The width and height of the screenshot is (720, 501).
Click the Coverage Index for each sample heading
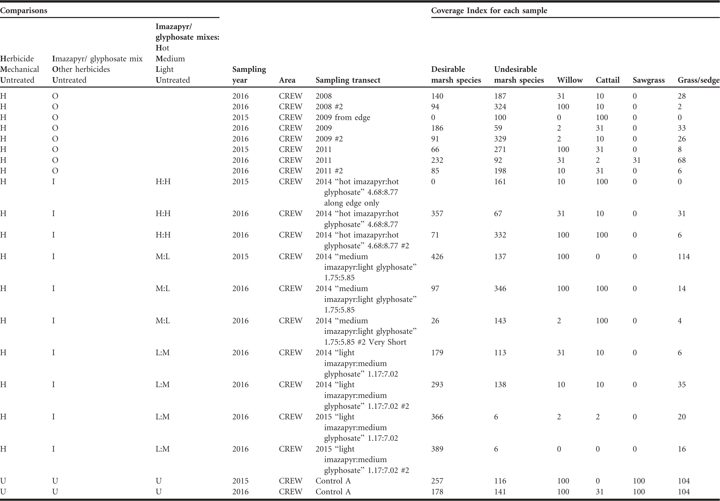pyautogui.click(x=489, y=11)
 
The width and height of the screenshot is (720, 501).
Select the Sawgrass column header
pyautogui.click(x=648, y=80)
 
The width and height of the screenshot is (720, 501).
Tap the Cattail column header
pyautogui.click(x=608, y=80)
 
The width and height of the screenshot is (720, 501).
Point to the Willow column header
pyautogui.click(x=570, y=80)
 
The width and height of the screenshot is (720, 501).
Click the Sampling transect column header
pyautogui.click(x=348, y=80)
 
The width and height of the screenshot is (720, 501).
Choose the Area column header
pyautogui.click(x=287, y=80)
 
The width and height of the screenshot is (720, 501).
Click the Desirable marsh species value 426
pyautogui.click(x=437, y=257)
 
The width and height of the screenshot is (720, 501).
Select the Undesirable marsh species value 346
pyautogui.click(x=500, y=288)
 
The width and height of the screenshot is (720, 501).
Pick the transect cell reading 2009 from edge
pyautogui.click(x=343, y=117)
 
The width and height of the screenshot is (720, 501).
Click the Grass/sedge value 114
pyautogui.click(x=684, y=257)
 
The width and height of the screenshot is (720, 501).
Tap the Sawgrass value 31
pyautogui.click(x=637, y=160)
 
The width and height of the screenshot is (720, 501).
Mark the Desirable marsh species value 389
pyautogui.click(x=437, y=449)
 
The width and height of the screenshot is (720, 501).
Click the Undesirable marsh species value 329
pyautogui.click(x=500, y=139)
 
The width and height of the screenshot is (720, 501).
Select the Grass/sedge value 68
pyautogui.click(x=682, y=160)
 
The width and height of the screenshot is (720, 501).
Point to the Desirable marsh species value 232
pyautogui.click(x=437, y=160)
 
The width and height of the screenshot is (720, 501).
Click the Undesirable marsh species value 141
pyautogui.click(x=500, y=491)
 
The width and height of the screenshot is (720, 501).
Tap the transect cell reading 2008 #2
pyautogui.click(x=329, y=107)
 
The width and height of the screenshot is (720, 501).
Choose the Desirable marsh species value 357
pyautogui.click(x=437, y=214)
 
